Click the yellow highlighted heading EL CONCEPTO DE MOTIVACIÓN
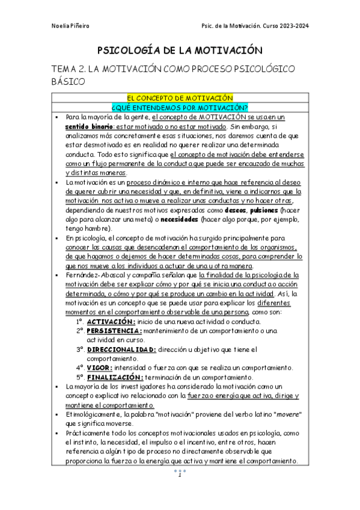pyautogui.click(x=180, y=97)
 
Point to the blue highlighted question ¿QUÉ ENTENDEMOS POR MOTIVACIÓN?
pyautogui.click(x=180, y=107)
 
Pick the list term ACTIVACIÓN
pyautogui.click(x=111, y=322)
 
